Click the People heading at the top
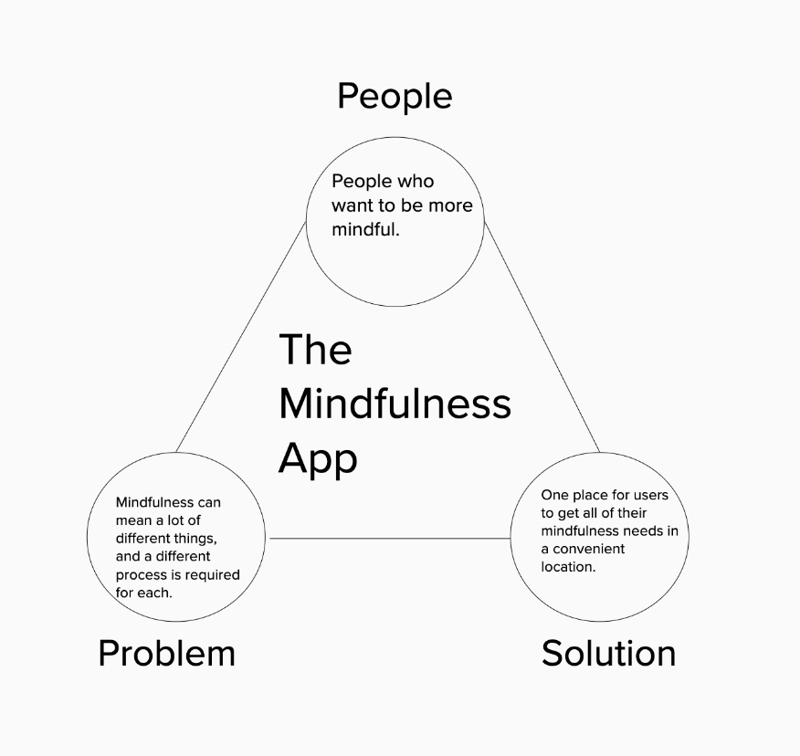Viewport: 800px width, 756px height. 395,97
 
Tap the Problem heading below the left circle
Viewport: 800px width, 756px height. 167,653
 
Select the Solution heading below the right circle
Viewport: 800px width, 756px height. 608,653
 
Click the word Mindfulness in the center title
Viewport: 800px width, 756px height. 395,404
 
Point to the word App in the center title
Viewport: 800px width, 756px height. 318,459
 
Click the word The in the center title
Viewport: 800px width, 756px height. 315,349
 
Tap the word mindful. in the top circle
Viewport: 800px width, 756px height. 365,229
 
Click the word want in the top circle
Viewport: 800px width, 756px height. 353,205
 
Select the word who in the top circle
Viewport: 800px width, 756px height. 416,181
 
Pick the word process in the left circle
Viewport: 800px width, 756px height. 137,575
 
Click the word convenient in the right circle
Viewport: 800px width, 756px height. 589,549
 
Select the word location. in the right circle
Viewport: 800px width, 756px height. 568,567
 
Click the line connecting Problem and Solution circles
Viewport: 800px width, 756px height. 390,538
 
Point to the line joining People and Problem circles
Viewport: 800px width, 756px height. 241,337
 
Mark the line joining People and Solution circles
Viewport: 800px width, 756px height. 542,337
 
